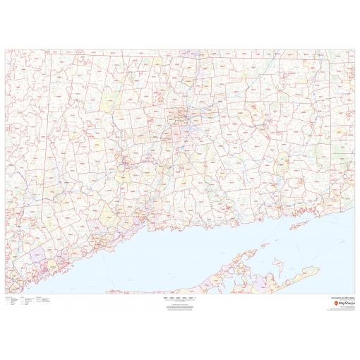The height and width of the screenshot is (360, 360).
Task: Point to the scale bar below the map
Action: [179, 299]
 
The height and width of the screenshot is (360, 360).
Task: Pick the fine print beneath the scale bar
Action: [179, 306]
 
